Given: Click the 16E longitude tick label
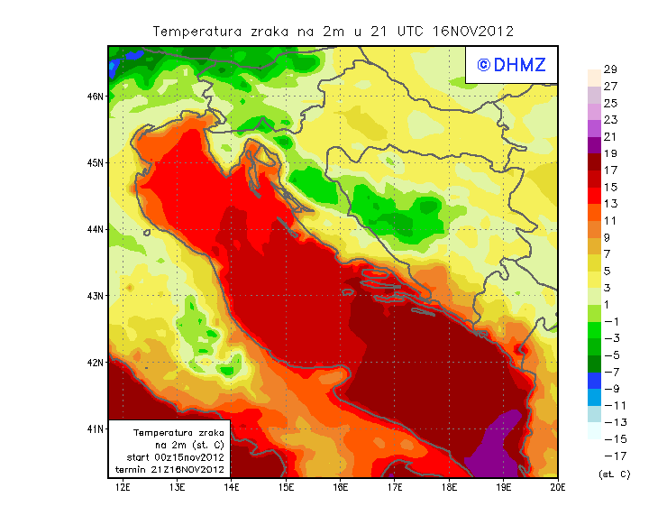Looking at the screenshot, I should (x=340, y=487).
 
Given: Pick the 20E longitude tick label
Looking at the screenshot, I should (x=558, y=487).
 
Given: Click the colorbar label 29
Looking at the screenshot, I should (x=609, y=69).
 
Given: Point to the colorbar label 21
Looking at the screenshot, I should (x=609, y=136).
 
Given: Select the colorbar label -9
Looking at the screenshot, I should (x=610, y=388).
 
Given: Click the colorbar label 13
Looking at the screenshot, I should (x=609, y=204).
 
